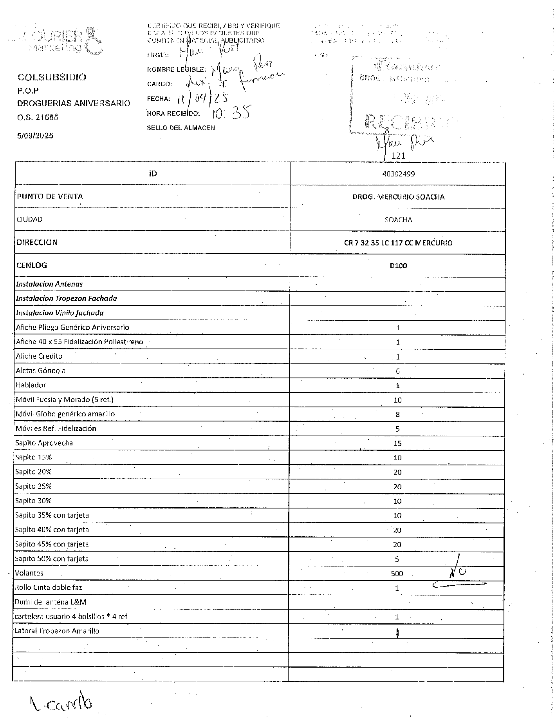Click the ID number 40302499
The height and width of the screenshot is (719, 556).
tap(398, 174)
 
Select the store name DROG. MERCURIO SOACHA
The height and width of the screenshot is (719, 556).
tap(398, 197)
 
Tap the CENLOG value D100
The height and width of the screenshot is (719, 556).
tap(398, 266)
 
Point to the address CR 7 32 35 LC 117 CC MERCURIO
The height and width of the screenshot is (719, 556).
tap(398, 243)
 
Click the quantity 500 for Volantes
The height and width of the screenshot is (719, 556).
tap(397, 574)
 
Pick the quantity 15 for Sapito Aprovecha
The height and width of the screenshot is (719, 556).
tap(397, 443)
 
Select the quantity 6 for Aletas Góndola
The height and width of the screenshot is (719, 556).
tap(397, 371)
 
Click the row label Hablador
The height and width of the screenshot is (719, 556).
tap(31, 385)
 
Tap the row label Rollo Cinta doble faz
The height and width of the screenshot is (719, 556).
tap(49, 587)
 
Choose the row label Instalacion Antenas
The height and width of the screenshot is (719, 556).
tap(49, 284)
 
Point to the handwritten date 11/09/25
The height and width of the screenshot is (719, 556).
tap(204, 98)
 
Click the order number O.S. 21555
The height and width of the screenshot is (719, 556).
tap(38, 117)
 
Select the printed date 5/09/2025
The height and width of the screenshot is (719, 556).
tap(35, 136)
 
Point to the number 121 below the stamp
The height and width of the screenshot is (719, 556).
tap(398, 156)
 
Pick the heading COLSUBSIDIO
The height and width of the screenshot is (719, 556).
tap(52, 77)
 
